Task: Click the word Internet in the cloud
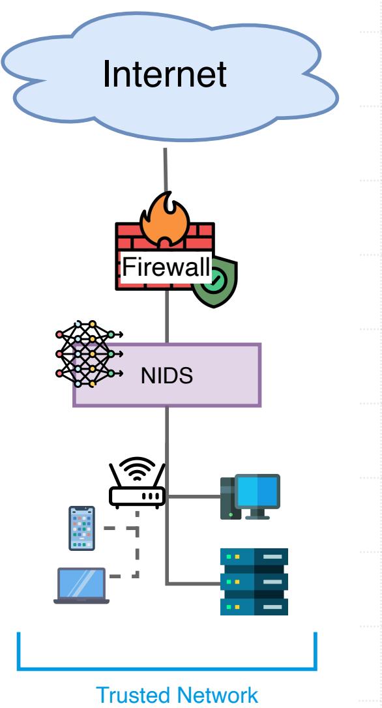pyautogui.click(x=165, y=74)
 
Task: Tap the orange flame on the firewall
pyautogui.click(x=165, y=220)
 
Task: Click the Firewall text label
pyautogui.click(x=166, y=267)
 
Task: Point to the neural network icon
pyautogui.click(x=89, y=353)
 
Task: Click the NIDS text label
pyautogui.click(x=167, y=376)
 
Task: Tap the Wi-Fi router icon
pyautogui.click(x=138, y=483)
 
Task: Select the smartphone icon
pyautogui.click(x=81, y=528)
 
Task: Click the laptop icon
pyautogui.click(x=81, y=585)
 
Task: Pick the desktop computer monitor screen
pyautogui.click(x=257, y=492)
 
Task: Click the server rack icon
pyautogui.click(x=254, y=582)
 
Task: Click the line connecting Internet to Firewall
pyautogui.click(x=166, y=170)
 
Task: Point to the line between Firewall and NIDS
pyautogui.click(x=167, y=317)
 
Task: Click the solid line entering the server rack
pyautogui.click(x=194, y=584)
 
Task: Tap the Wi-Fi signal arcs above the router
pyautogui.click(x=138, y=467)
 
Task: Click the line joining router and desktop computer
pyautogui.click(x=193, y=497)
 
